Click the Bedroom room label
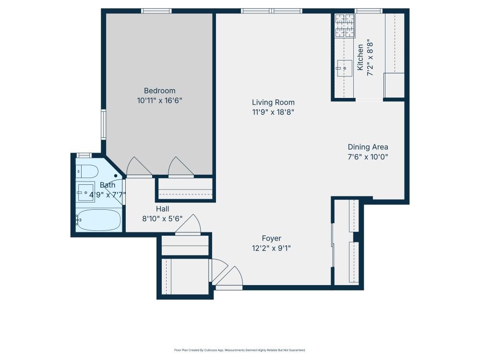[x=159, y=91]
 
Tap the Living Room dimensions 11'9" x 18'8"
[x=273, y=112]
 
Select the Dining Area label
[x=368, y=147]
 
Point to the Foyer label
[x=271, y=238]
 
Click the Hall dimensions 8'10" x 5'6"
[x=162, y=219]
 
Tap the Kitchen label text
[x=360, y=58]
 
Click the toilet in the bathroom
[x=87, y=170]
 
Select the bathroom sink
[x=86, y=192]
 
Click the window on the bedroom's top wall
[x=156, y=11]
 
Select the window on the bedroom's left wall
[x=103, y=125]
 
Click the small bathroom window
[x=84, y=155]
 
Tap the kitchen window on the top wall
[x=368, y=11]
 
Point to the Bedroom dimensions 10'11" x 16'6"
[x=159, y=101]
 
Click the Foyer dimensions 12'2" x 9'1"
[x=271, y=248]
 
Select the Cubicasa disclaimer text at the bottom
[x=240, y=350]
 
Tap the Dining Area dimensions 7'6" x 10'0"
[x=368, y=156]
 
